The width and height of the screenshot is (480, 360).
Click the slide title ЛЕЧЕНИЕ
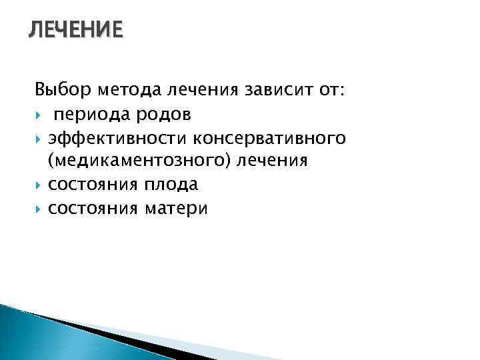pos(75,31)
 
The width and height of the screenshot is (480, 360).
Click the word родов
pos(165,114)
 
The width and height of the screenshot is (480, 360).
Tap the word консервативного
pos(269,138)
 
